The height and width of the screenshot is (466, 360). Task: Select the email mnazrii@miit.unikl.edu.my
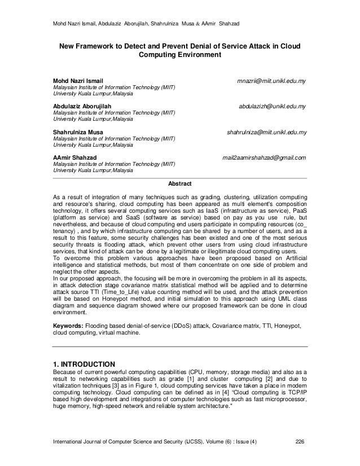271,81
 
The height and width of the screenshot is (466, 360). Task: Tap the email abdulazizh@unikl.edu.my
273,106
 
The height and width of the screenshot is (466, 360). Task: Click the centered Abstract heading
180,184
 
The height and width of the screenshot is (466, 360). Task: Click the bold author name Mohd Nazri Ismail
78,81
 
